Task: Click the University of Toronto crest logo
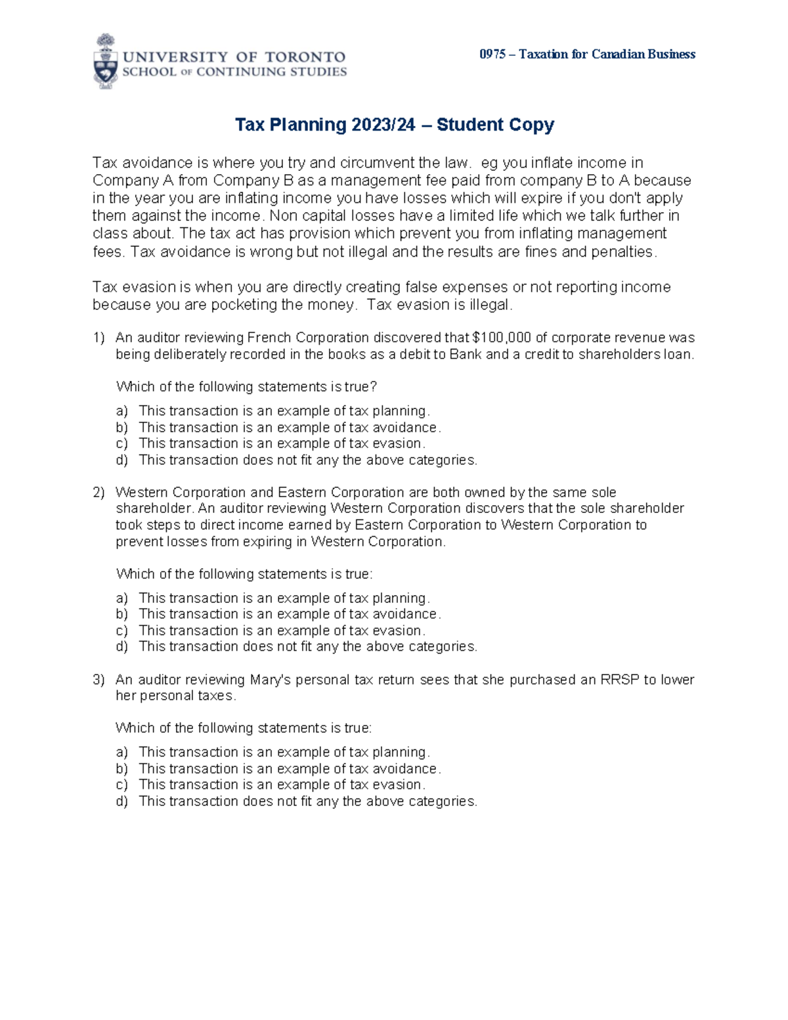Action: [106, 62]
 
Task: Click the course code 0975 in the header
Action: [492, 55]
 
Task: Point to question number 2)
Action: [98, 493]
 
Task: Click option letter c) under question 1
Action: [121, 444]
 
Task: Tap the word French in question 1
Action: [269, 338]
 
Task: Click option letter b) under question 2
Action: [121, 614]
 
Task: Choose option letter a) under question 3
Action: [121, 752]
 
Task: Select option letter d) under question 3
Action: [121, 801]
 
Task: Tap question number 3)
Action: [98, 680]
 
